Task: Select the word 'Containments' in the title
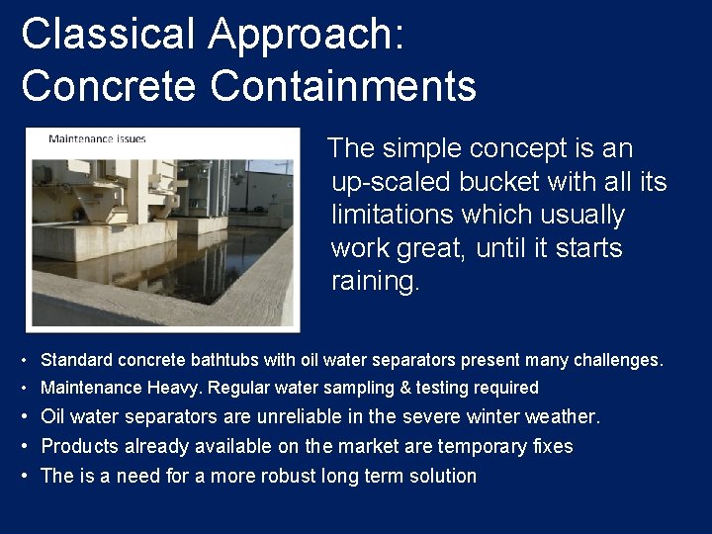click(x=343, y=86)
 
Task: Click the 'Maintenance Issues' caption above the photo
click(x=97, y=138)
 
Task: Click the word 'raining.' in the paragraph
click(x=376, y=281)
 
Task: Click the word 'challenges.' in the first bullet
click(x=620, y=360)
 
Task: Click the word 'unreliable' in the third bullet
click(x=280, y=417)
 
